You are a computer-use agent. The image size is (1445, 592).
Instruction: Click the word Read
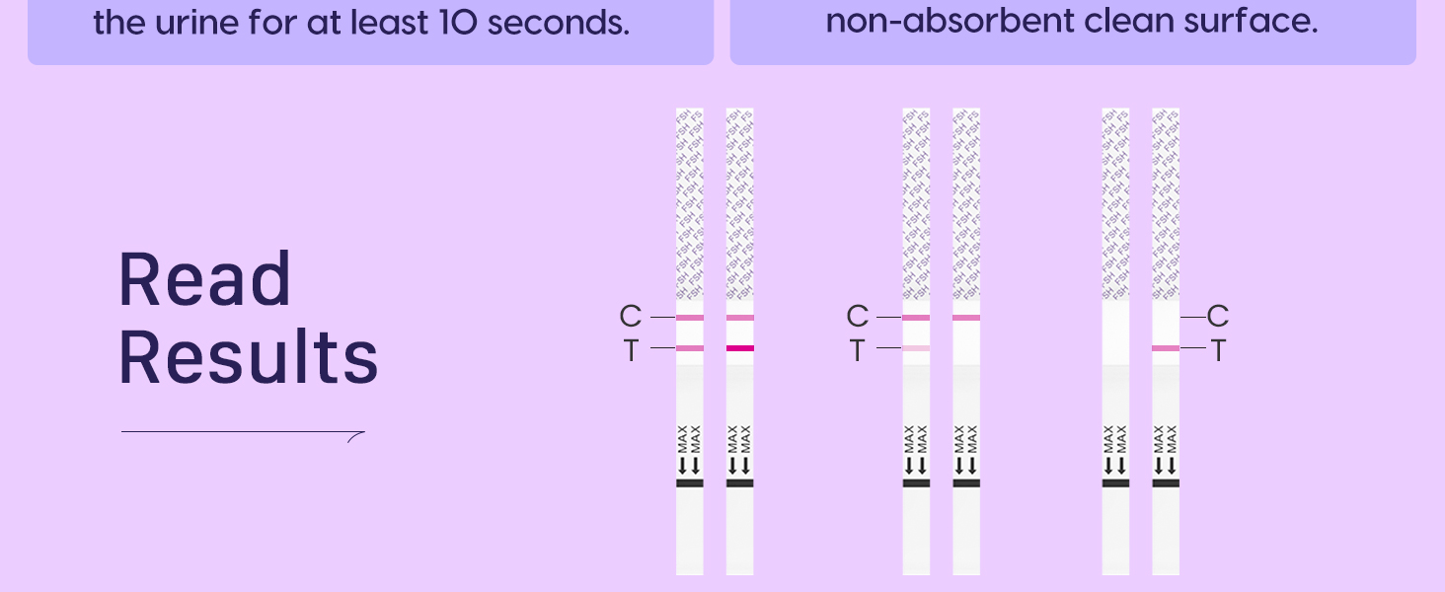[x=204, y=280]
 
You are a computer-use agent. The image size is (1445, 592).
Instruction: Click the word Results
[x=248, y=357]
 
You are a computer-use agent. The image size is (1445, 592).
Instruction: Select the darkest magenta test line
[x=739, y=348]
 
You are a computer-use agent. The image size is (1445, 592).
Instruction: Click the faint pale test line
[x=916, y=348]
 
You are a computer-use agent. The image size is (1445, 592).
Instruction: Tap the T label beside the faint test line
[x=857, y=350]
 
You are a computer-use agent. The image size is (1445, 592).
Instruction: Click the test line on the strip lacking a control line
[x=1166, y=348]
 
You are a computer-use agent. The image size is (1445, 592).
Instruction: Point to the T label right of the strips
[x=1218, y=350]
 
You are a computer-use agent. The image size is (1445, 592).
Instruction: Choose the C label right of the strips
[x=1218, y=317]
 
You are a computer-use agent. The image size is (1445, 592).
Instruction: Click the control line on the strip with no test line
[x=966, y=318]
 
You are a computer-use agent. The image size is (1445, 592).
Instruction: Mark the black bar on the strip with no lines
[x=1115, y=483]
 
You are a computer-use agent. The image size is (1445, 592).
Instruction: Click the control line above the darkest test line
[x=739, y=318]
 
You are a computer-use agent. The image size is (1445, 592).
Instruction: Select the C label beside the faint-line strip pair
[x=857, y=317]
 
